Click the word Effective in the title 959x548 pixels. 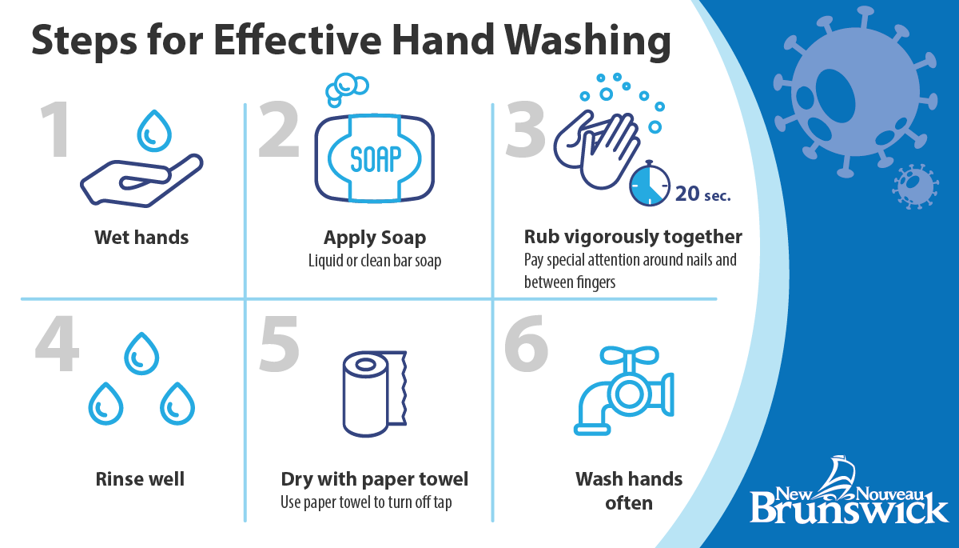(297, 40)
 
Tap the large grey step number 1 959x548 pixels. (55, 130)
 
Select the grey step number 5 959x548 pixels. (279, 344)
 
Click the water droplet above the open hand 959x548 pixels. (154, 131)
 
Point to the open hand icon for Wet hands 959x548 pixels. (141, 181)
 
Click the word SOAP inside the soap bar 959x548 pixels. (376, 158)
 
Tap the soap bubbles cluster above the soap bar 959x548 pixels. (346, 89)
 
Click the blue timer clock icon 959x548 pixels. (650, 184)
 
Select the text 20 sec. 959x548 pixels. (703, 194)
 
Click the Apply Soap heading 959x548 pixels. (375, 238)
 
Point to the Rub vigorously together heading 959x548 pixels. (633, 237)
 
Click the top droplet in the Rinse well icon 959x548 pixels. (141, 354)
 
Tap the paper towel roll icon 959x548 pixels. (375, 394)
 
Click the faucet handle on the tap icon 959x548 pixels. (629, 355)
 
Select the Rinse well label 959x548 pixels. (140, 479)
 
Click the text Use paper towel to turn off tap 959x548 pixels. (366, 502)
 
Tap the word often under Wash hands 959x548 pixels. (629, 503)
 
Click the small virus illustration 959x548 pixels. (915, 186)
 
